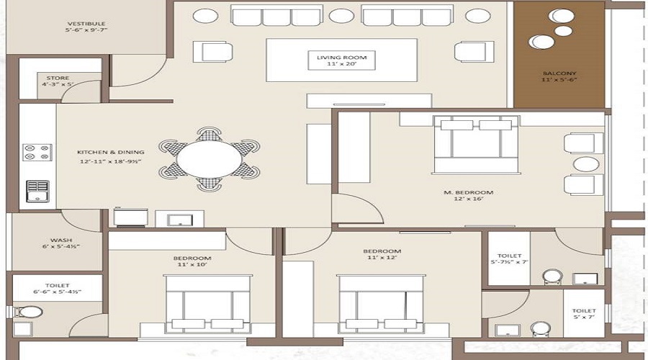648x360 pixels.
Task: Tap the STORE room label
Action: (58, 78)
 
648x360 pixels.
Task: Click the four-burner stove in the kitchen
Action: (37, 152)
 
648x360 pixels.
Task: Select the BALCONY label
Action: (559, 74)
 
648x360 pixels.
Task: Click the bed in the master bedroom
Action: (475, 145)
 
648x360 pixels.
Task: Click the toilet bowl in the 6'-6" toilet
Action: (30, 312)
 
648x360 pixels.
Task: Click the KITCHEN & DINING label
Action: (111, 152)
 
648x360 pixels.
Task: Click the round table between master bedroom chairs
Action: (584, 164)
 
